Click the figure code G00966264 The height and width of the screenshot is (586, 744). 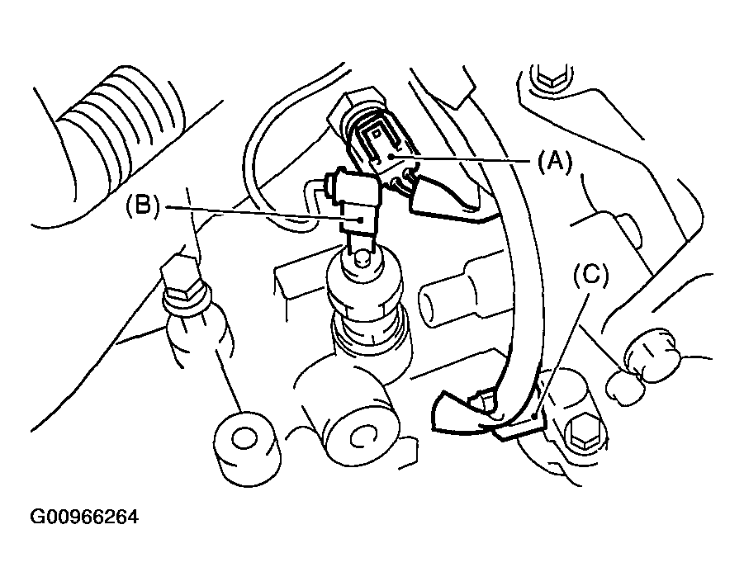(83, 518)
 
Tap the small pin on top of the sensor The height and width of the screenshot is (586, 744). (361, 258)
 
